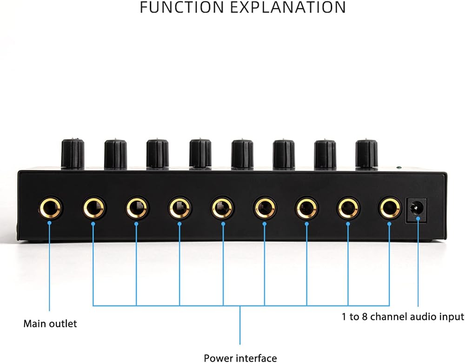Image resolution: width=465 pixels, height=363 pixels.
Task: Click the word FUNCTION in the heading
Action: (x=181, y=7)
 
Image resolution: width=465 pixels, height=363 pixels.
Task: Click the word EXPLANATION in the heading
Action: (x=288, y=7)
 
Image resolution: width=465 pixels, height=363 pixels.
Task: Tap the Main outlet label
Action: (x=50, y=323)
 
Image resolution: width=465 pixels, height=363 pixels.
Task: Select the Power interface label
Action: (x=240, y=358)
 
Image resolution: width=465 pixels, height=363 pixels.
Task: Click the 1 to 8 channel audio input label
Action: (x=403, y=317)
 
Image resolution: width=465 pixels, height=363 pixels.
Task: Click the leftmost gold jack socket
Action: (x=50, y=208)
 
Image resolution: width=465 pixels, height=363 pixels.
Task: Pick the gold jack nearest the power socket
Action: (x=390, y=208)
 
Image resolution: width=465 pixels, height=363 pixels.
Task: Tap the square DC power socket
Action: (x=416, y=211)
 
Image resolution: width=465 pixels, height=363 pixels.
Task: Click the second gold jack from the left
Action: (x=94, y=208)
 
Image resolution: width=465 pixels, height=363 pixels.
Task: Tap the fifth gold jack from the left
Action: (x=222, y=208)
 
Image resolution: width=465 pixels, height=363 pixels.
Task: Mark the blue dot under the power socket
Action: (x=418, y=219)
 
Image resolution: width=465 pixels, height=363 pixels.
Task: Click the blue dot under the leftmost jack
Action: (x=50, y=223)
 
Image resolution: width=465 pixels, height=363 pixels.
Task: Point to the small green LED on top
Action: (x=399, y=168)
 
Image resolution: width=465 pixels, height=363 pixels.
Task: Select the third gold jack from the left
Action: (x=137, y=208)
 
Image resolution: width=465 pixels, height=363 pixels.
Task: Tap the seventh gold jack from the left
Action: (x=306, y=208)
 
